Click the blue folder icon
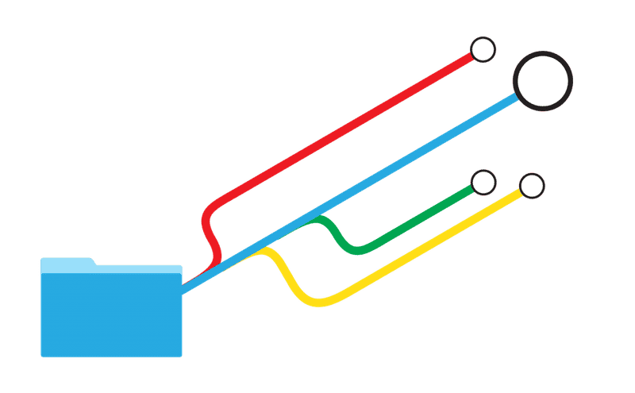(x=111, y=314)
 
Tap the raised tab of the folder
(x=67, y=261)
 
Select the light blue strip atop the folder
(x=111, y=268)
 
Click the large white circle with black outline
(x=542, y=79)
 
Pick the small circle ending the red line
(x=483, y=49)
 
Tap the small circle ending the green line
(x=483, y=183)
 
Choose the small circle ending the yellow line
(x=532, y=186)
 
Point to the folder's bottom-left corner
(x=43, y=355)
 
